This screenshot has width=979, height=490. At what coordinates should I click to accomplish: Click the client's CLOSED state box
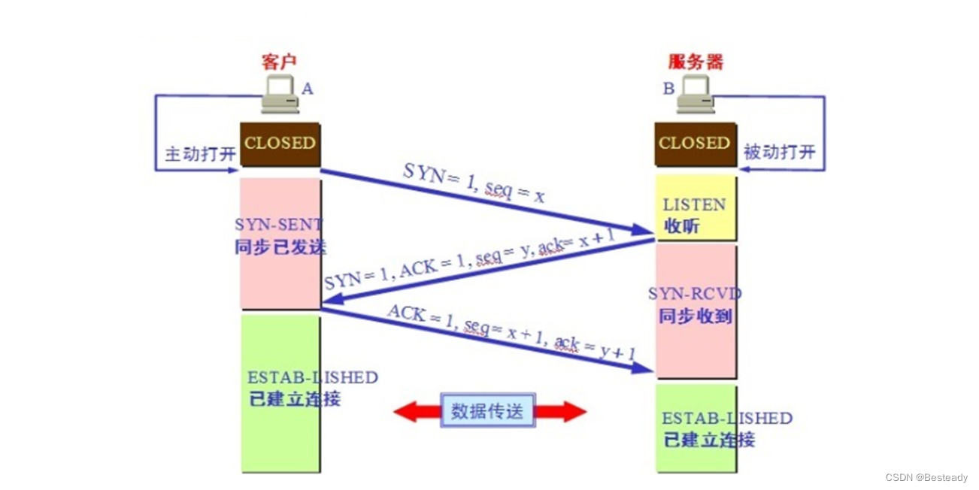point(280,144)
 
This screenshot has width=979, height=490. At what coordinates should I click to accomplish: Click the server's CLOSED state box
point(694,144)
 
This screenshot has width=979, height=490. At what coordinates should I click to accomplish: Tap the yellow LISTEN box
point(695,207)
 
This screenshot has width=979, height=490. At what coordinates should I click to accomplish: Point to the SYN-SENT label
point(279,224)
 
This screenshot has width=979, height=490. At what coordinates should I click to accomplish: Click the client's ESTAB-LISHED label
point(312,377)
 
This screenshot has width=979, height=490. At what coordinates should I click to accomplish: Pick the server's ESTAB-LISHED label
point(726,418)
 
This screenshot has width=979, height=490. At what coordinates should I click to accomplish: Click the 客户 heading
point(280,62)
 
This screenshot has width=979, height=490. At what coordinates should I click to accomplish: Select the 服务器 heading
point(695,62)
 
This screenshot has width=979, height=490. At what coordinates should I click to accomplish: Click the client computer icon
point(280,94)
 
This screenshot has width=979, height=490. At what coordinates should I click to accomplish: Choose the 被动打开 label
point(779,152)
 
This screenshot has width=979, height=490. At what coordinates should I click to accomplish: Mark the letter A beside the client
point(307,89)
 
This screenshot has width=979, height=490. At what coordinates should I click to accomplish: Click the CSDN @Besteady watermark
point(926,477)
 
